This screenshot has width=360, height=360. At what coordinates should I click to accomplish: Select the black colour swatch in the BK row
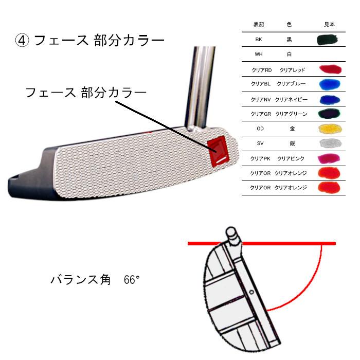coord(327,39)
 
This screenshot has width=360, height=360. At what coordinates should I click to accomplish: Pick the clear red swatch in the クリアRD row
coord(328,69)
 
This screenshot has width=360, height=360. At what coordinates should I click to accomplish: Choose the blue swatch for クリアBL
coord(328,84)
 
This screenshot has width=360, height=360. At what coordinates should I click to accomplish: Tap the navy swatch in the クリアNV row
coord(328,99)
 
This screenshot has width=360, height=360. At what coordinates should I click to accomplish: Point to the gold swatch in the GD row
coord(328,129)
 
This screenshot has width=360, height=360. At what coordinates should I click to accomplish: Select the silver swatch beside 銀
coord(328,143)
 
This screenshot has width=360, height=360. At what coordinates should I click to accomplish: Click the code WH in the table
coord(259,53)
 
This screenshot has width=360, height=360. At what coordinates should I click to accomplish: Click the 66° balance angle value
coord(132,280)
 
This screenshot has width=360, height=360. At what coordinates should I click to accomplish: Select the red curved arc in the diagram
coord(309,288)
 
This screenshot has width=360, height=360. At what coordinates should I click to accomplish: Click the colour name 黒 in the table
coord(289,39)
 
